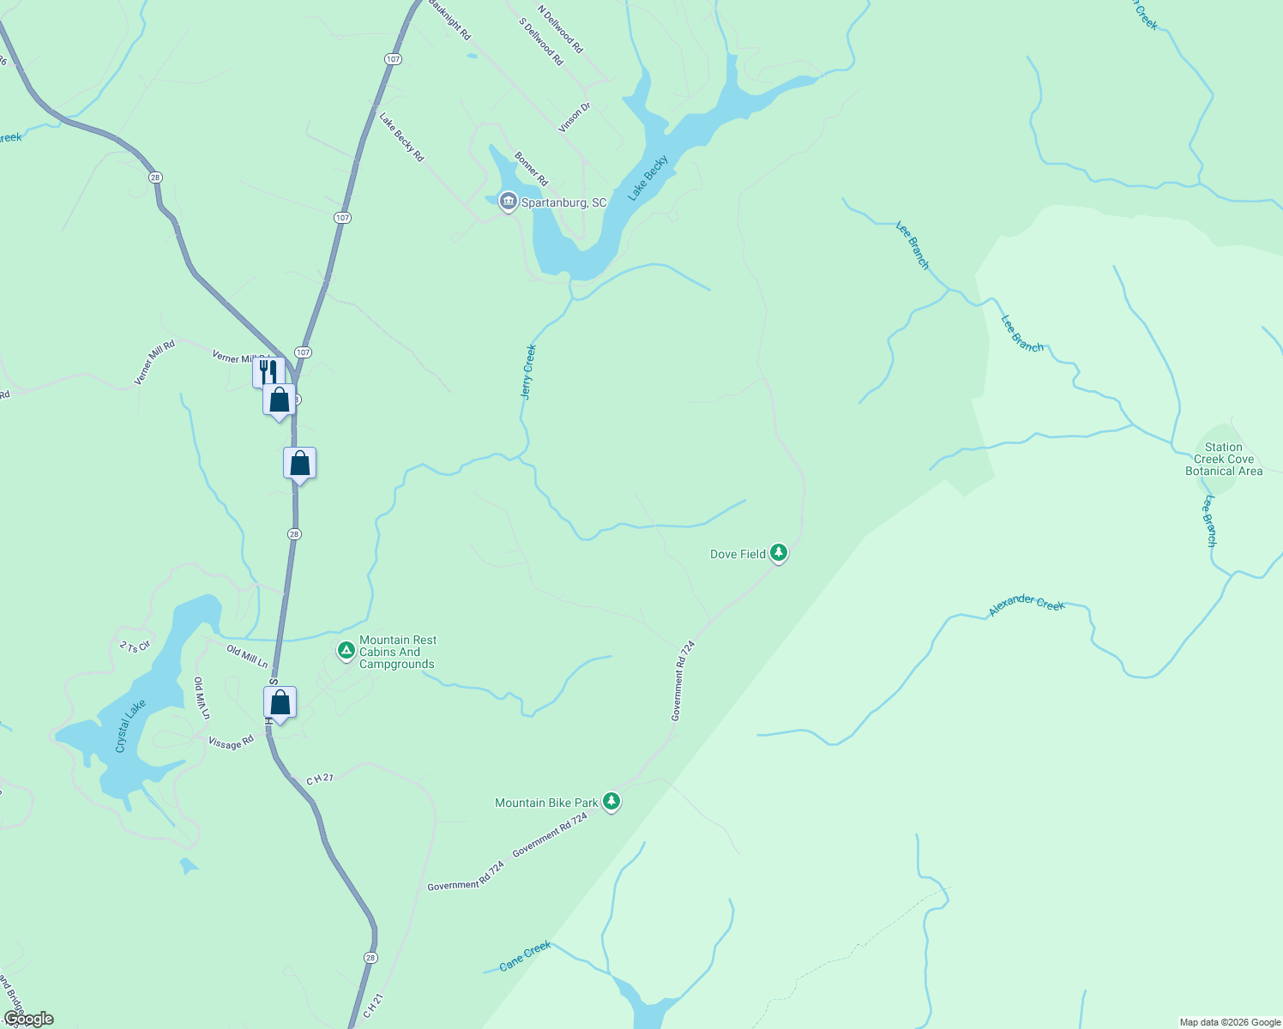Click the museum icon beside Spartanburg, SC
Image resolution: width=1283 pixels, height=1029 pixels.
pyautogui.click(x=508, y=202)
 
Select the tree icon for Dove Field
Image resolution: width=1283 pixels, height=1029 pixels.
pyautogui.click(x=779, y=553)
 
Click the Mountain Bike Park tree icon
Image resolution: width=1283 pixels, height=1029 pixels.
pyautogui.click(x=611, y=802)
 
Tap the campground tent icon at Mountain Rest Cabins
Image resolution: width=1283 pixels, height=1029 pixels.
pyautogui.click(x=346, y=651)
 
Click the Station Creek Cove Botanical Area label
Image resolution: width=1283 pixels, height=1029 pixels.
pyautogui.click(x=1224, y=459)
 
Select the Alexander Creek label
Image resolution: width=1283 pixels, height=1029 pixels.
pyautogui.click(x=1027, y=605)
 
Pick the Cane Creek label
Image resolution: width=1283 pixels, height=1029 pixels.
pyautogui.click(x=525, y=956)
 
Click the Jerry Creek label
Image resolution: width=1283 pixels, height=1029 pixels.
pyautogui.click(x=528, y=371)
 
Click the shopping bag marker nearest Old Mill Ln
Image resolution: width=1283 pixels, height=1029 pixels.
pyautogui.click(x=280, y=703)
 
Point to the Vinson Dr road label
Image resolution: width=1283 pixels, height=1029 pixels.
pyautogui.click(x=575, y=117)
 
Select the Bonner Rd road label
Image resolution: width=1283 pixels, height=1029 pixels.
pyautogui.click(x=531, y=169)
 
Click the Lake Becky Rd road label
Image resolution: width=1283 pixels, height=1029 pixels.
pyautogui.click(x=401, y=137)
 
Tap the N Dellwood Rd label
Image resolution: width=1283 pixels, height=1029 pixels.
pyautogui.click(x=560, y=30)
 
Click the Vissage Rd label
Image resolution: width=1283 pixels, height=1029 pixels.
pyautogui.click(x=231, y=743)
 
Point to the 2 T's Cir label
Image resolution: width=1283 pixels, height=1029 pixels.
pyautogui.click(x=135, y=646)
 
